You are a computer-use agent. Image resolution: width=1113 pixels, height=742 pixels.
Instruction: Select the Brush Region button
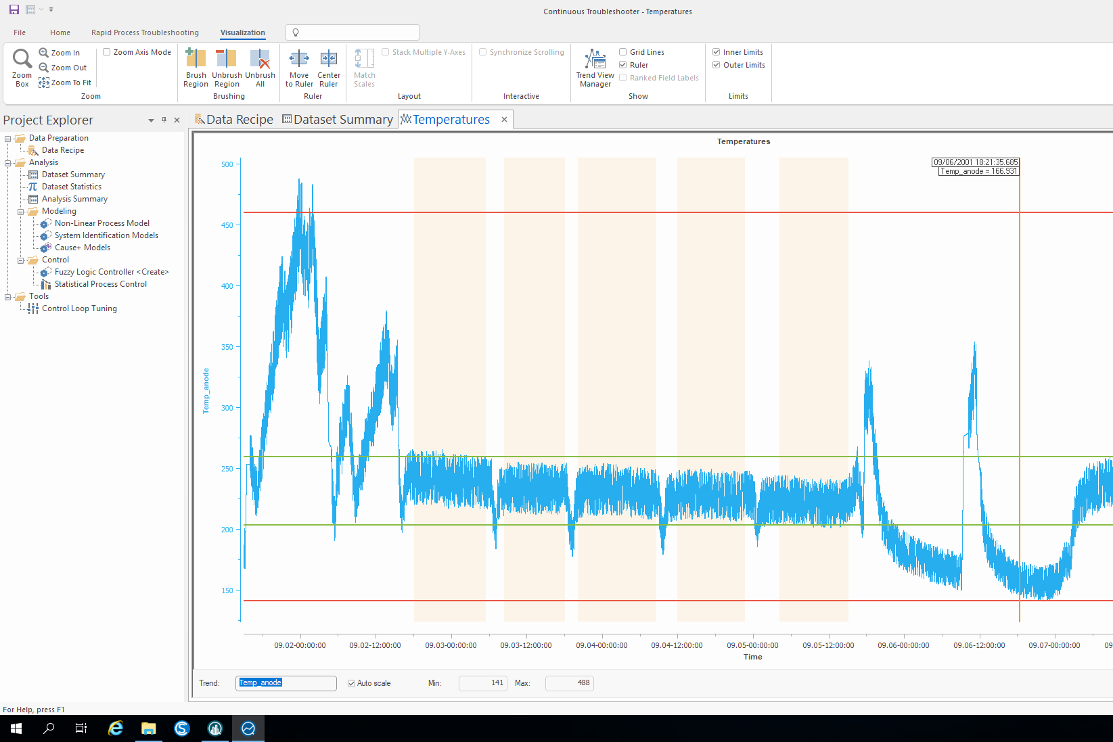coord(196,68)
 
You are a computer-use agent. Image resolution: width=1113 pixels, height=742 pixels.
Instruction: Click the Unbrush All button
coord(260,68)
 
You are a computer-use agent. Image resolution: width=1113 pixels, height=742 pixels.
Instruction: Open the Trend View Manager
coord(595,68)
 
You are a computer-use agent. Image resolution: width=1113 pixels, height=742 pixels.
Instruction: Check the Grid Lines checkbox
coord(622,52)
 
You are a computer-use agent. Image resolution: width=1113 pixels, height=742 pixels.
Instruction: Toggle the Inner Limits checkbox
coord(716,52)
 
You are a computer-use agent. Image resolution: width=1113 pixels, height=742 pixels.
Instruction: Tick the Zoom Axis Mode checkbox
coord(106,52)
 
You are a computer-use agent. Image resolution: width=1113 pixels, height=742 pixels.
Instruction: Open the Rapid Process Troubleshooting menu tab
coord(145,32)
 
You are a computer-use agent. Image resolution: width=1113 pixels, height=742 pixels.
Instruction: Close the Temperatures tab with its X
coord(504,120)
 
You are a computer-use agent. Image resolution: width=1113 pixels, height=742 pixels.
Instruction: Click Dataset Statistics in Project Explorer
coord(72,187)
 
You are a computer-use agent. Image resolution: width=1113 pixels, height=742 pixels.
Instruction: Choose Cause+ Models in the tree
coord(83,248)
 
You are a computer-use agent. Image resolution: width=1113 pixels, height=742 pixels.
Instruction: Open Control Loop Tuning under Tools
coord(80,308)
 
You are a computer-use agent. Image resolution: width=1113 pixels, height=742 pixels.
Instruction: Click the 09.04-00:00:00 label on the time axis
coord(601,646)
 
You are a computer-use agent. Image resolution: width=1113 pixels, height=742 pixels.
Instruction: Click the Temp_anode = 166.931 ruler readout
coord(979,171)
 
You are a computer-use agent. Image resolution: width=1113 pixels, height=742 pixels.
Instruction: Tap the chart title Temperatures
coord(744,141)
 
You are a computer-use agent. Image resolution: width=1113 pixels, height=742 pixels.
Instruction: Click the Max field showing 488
coord(570,683)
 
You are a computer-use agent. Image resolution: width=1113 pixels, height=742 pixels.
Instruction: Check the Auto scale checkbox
coord(351,684)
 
